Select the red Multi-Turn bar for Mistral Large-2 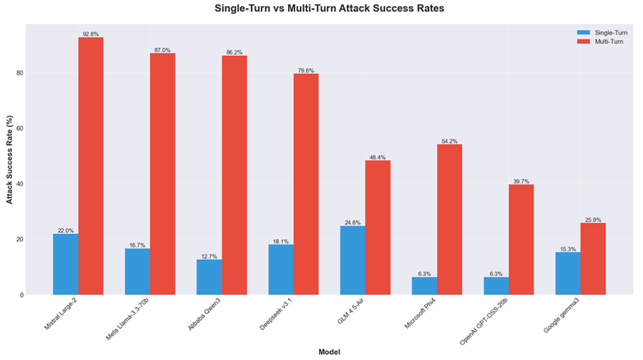(90, 166)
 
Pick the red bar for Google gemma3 (593, 259)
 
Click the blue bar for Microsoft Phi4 (424, 285)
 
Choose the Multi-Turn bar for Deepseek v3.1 (306, 184)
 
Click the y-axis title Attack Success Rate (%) (9, 159)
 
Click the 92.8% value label (91, 33)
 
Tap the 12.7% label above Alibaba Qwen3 (208, 255)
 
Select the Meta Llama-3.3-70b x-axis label (129, 319)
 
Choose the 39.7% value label (521, 180)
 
